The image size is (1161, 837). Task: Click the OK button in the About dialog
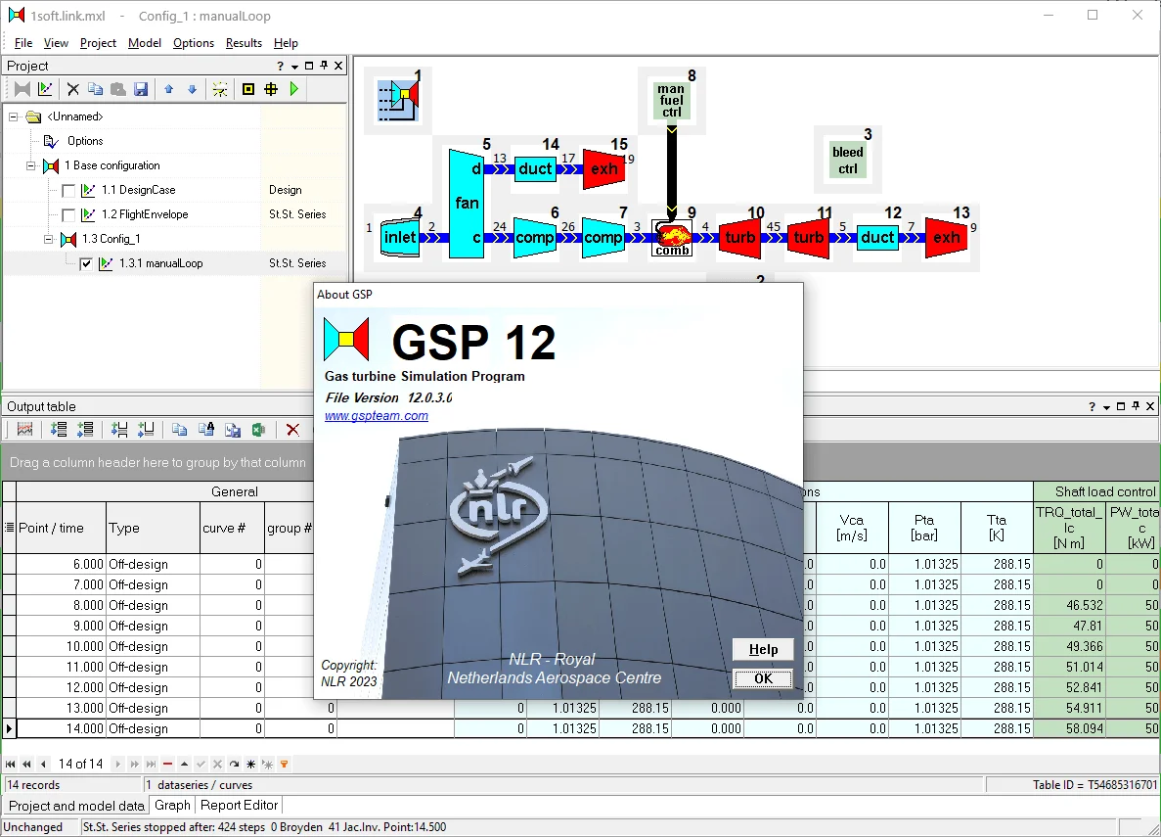(x=763, y=678)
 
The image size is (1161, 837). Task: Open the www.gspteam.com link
(x=377, y=416)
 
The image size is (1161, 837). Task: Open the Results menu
(x=244, y=43)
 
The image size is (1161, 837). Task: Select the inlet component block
(x=400, y=237)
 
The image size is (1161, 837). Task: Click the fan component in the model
(x=467, y=204)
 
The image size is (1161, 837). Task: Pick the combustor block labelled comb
(x=672, y=238)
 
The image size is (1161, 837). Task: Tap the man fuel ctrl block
(x=671, y=100)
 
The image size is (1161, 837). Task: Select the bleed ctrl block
(x=847, y=161)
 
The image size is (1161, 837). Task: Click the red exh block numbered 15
(x=603, y=169)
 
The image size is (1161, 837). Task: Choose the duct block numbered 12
(x=876, y=237)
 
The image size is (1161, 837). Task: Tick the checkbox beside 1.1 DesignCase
(x=68, y=191)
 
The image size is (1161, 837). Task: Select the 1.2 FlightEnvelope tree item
(x=145, y=214)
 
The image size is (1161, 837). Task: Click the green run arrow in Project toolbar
(x=294, y=89)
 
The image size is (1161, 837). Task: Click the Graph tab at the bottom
(x=172, y=805)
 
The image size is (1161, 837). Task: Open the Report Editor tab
(x=240, y=805)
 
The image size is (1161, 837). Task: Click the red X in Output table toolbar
(x=292, y=430)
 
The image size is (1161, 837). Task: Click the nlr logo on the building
(x=495, y=513)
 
